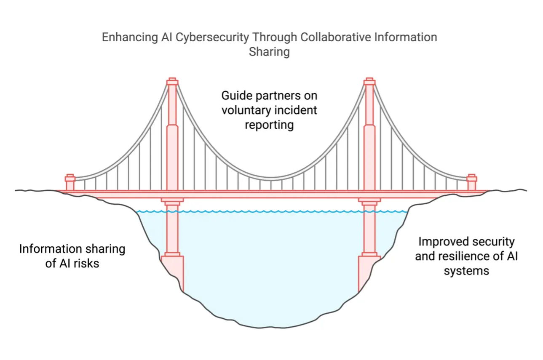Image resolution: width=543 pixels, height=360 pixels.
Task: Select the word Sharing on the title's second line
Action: click(269, 52)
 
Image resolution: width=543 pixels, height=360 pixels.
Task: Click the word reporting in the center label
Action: click(269, 125)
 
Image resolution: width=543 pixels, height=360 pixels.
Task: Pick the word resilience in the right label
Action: click(469, 256)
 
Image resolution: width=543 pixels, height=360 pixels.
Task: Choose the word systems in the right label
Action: click(466, 271)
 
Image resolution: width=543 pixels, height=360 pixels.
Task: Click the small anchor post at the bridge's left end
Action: click(70, 183)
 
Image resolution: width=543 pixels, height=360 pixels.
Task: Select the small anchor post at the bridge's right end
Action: click(472, 183)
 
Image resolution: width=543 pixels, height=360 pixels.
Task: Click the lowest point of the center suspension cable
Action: click(271, 178)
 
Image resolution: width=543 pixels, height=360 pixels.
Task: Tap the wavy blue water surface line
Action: click(271, 211)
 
